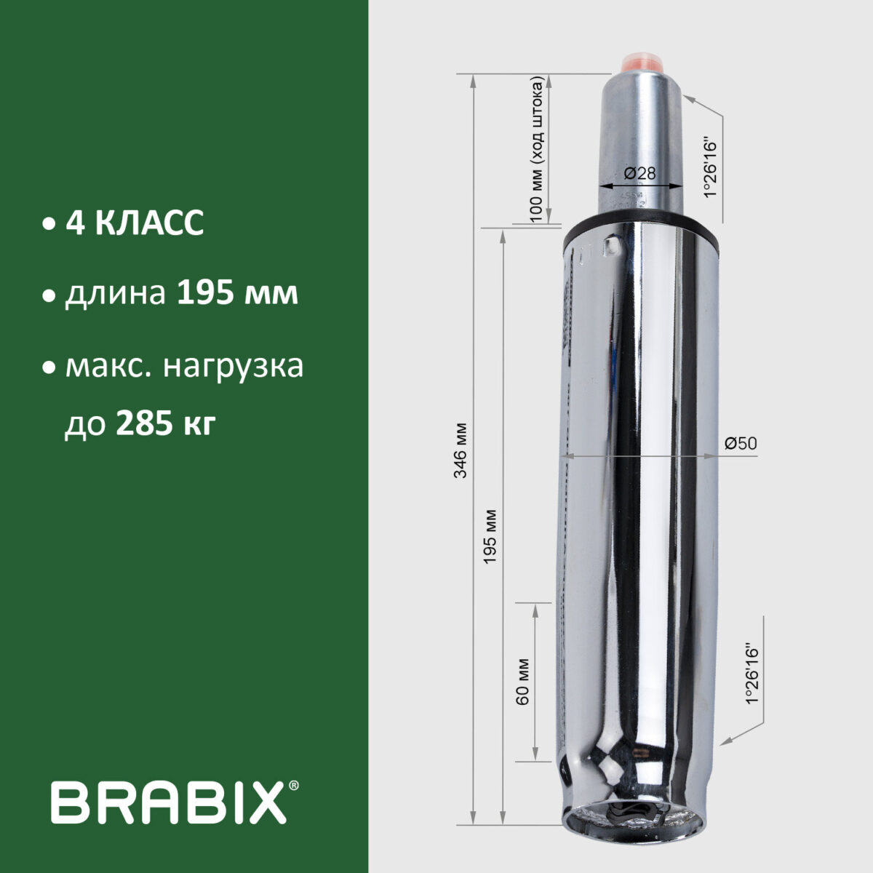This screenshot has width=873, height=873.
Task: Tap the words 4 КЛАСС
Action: click(135, 223)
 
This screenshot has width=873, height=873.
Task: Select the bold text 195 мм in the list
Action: click(237, 295)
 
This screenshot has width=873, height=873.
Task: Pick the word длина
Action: click(116, 295)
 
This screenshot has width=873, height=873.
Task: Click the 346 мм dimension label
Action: click(460, 451)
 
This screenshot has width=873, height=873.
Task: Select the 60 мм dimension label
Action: click(521, 682)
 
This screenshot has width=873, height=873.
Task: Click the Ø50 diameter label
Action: click(741, 443)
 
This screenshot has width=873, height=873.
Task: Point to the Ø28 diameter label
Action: click(640, 173)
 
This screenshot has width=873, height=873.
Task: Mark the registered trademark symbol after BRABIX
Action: click(293, 786)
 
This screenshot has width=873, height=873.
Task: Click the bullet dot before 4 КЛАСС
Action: click(48, 224)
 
